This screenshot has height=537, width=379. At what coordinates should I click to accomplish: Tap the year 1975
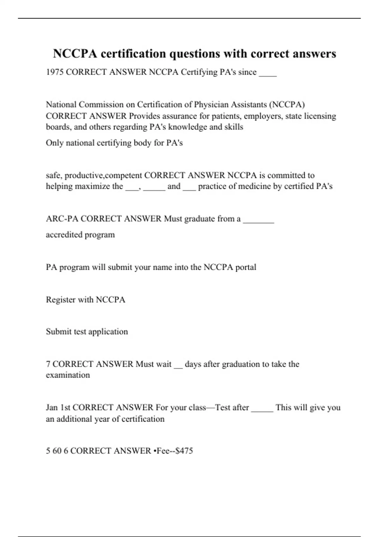pyautogui.click(x=55, y=72)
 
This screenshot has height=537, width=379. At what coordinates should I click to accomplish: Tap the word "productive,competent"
pyautogui.click(x=103, y=176)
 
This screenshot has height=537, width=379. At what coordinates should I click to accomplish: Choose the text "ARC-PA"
pyautogui.click(x=62, y=219)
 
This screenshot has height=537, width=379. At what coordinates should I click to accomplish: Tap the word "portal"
pyautogui.click(x=246, y=268)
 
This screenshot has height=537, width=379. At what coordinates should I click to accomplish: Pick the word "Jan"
pyautogui.click(x=52, y=407)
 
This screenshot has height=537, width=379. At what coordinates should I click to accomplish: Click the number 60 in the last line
pyautogui.click(x=57, y=451)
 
